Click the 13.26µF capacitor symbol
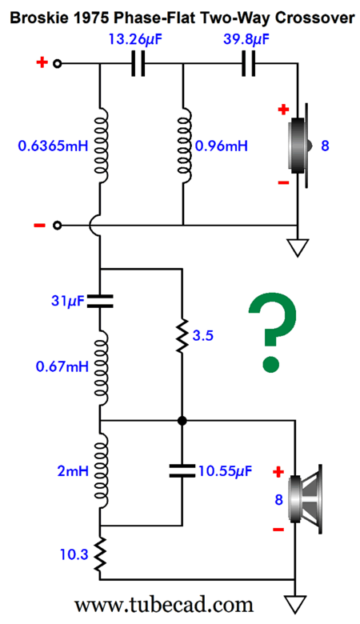[138, 63]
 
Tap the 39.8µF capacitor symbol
[249, 63]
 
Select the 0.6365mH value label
[53, 146]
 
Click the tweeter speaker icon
[299, 146]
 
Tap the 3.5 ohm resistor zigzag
[182, 335]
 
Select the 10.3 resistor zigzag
[99, 553]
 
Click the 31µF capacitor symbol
[99, 302]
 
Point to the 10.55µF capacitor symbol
[182, 470]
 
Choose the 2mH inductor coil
[101, 471]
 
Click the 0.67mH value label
[62, 366]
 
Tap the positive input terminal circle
[58, 63]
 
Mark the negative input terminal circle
[58, 226]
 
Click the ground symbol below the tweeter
[298, 247]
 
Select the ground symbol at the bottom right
[295, 604]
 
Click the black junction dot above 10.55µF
[182, 420]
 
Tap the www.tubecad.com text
[164, 605]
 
